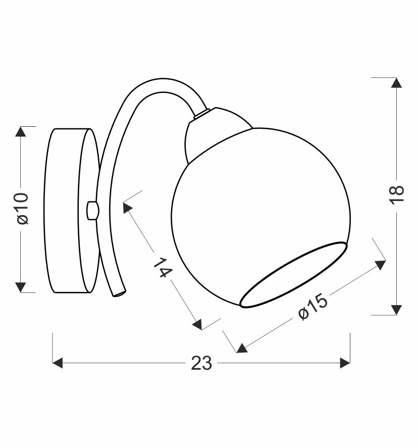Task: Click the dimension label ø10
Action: click(23, 209)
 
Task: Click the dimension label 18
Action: click(397, 194)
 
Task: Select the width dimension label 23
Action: click(201, 363)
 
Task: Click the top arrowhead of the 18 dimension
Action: click(396, 82)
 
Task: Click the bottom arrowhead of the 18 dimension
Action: click(396, 310)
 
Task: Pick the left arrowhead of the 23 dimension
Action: click(58, 363)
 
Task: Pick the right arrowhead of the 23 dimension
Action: click(345, 363)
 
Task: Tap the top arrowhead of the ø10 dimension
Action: click(21, 131)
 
